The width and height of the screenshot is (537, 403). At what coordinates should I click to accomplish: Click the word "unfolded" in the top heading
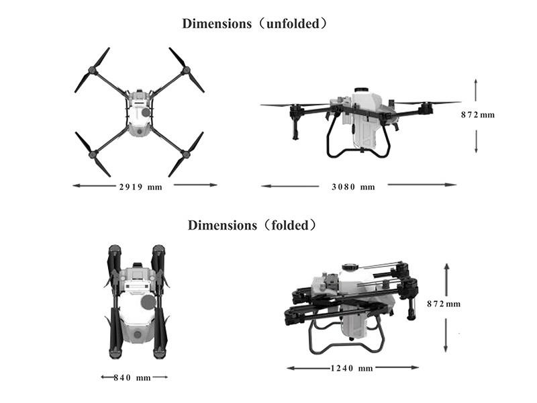tap(293, 24)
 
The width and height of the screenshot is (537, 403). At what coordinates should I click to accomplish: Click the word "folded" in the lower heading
tap(290, 226)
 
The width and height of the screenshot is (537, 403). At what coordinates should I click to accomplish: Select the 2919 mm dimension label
tap(141, 187)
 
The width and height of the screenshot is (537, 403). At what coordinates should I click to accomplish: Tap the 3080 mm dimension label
tap(353, 187)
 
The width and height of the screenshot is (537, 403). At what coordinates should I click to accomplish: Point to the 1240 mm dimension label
tap(352, 368)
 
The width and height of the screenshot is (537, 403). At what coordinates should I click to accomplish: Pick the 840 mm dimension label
tap(132, 377)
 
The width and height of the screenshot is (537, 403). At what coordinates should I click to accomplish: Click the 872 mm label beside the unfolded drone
tap(478, 115)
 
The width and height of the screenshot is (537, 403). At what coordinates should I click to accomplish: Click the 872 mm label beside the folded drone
tap(444, 304)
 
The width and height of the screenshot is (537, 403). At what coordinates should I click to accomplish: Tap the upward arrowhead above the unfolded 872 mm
tap(476, 81)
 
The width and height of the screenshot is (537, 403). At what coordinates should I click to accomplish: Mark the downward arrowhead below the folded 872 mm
tap(446, 349)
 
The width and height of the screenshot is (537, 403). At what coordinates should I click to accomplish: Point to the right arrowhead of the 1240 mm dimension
tap(415, 367)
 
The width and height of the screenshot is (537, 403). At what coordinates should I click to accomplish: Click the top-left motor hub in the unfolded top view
tap(92, 71)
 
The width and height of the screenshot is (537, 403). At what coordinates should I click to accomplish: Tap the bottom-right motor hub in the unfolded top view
tap(186, 154)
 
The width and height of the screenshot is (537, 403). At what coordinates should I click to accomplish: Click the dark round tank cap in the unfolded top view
tap(146, 112)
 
